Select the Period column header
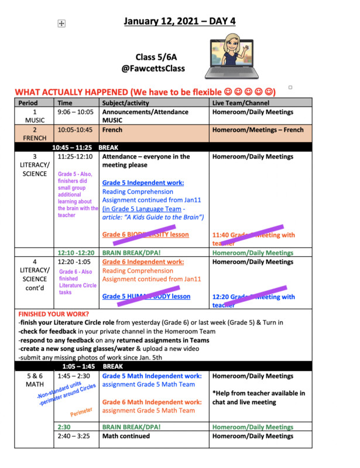[28, 102]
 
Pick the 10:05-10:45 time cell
[74, 130]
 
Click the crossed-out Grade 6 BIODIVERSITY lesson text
[145, 235]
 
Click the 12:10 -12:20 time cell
[76, 253]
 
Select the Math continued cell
[131, 436]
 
